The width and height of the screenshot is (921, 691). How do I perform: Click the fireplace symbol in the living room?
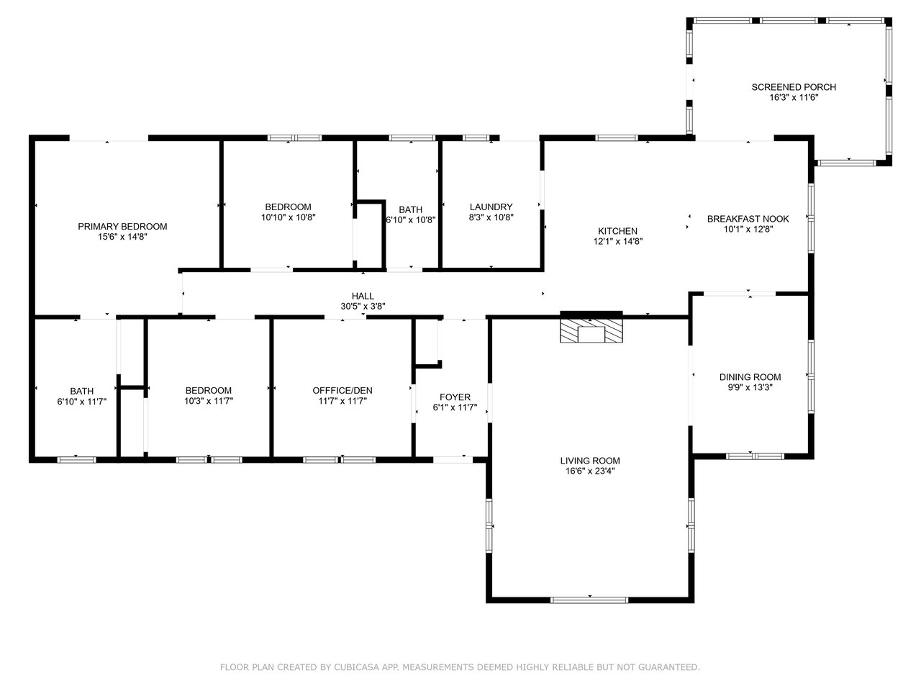coord(591,330)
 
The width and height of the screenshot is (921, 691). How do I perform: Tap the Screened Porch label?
coord(794,87)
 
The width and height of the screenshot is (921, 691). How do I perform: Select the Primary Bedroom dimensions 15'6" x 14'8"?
coord(122,237)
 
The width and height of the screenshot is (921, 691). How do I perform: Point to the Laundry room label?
coord(491,207)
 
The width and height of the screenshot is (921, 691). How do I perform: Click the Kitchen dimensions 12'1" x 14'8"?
coord(617,241)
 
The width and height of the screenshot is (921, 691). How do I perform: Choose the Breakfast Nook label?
coord(748,219)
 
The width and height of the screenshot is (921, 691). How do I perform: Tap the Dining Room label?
coord(750,376)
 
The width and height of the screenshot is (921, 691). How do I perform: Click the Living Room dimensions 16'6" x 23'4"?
coord(589,471)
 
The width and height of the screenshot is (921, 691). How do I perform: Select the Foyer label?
coord(455,397)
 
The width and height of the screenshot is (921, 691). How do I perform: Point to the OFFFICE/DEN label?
coord(342,390)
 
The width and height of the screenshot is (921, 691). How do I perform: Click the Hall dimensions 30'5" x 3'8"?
coord(363,307)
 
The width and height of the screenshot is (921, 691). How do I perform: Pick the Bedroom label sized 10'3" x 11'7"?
coord(209,390)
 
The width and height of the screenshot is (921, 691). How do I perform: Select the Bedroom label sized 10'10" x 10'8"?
coord(288,207)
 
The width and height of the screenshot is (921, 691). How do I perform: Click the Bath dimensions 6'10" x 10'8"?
coord(410,220)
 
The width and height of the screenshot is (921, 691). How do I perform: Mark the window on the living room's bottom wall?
coord(589,600)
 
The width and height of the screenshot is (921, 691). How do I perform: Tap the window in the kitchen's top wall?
coord(617,138)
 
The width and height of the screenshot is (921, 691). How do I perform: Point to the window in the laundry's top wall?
coord(476,138)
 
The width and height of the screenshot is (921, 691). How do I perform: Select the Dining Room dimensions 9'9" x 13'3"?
coord(750,387)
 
